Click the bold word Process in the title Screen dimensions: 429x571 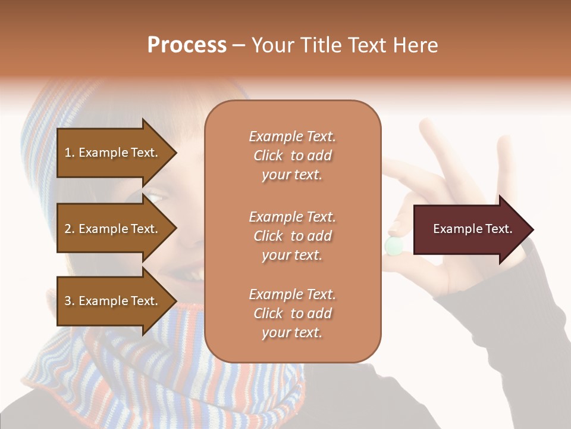coord(187,45)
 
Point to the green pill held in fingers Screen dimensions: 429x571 coord(393,245)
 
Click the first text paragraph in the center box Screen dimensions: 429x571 coord(292,156)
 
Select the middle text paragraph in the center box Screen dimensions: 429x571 coord(292,236)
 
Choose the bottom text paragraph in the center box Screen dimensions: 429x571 coord(292,313)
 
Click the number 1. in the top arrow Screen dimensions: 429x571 coord(70,153)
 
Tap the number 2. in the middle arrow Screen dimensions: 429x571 coord(70,229)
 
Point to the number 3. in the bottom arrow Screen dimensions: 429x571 coord(70,301)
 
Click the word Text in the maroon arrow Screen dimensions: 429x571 coord(498,229)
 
